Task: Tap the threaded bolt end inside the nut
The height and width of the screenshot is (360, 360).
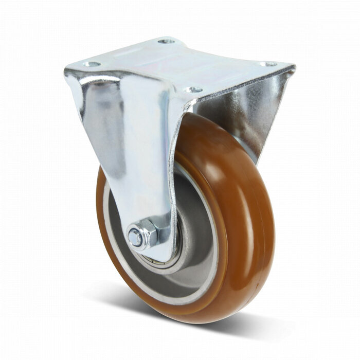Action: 135,238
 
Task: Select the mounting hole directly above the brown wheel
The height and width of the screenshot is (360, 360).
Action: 193,89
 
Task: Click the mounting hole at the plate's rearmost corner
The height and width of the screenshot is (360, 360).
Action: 166,41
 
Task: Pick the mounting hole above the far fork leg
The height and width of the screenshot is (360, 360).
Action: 268,64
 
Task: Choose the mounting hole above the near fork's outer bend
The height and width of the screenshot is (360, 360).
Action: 91,64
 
